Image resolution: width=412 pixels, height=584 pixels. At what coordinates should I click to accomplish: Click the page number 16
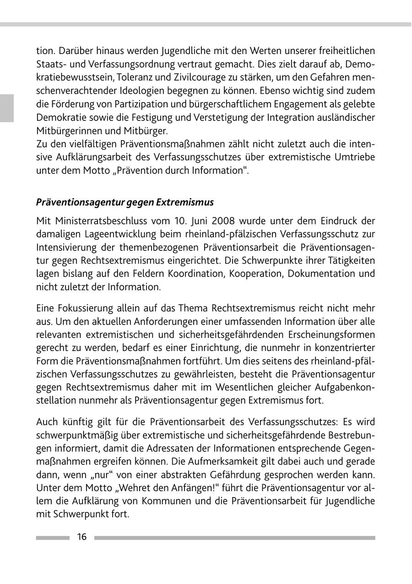point(82,537)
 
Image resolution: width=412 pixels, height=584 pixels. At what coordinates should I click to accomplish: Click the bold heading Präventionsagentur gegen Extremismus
point(125,202)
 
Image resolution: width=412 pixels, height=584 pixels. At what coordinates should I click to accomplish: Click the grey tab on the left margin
point(6,108)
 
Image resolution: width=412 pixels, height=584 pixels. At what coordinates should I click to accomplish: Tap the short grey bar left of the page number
point(53,538)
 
